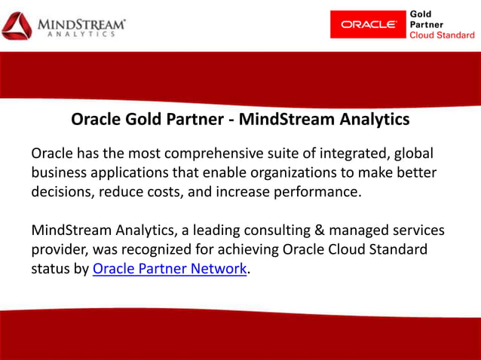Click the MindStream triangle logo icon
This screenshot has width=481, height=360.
[x=17, y=26]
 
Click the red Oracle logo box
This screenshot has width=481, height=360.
[x=368, y=24]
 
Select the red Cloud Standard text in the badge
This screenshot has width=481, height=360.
[x=443, y=35]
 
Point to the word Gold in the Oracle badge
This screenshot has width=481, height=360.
[x=420, y=14]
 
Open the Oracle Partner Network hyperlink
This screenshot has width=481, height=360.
[x=170, y=269]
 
